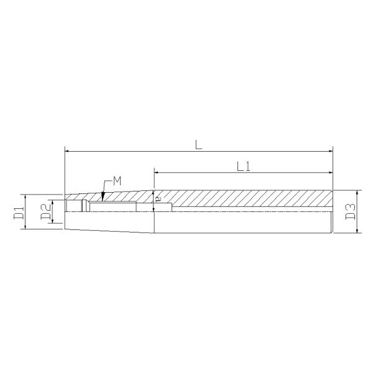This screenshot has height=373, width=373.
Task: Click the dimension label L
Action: click(198, 145)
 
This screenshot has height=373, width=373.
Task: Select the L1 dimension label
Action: click(244, 167)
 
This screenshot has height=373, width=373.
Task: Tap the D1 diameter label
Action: click(19, 213)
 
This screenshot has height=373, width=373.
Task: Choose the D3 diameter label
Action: click(350, 211)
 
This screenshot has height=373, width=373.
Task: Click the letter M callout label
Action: click(117, 182)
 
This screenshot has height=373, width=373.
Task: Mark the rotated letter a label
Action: click(157, 199)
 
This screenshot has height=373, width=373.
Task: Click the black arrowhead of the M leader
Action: click(103, 196)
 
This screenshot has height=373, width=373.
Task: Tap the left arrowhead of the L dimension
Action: click(67, 151)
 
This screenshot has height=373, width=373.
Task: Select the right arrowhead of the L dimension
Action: click(331, 151)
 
